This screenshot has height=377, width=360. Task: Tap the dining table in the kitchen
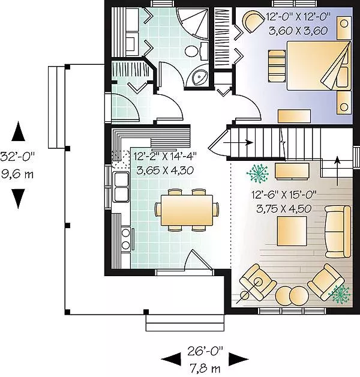pos(187,210)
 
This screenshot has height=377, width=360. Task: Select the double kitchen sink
pos(121,187)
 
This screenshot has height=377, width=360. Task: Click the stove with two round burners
pos(126,239)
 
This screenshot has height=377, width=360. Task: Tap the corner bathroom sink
pos(199,76)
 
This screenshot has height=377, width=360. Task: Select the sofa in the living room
pos(337,232)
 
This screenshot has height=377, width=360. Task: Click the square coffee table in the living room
pos(292,231)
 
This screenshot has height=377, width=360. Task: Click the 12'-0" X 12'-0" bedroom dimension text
pos(298,17)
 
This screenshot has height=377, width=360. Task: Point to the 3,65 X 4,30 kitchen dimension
pos(165,170)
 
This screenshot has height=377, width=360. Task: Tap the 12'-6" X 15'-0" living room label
pos(284,195)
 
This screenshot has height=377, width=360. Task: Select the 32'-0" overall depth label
pos(17,157)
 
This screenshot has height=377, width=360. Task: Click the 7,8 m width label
pos(205,368)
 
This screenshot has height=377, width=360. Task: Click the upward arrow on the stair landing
pos(338,171)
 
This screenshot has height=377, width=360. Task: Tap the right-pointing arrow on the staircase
pos(238,142)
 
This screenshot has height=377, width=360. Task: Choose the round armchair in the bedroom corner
pos(253,22)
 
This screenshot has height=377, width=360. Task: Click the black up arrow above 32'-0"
pos(19,131)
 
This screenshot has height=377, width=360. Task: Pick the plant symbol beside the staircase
pos(258,173)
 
